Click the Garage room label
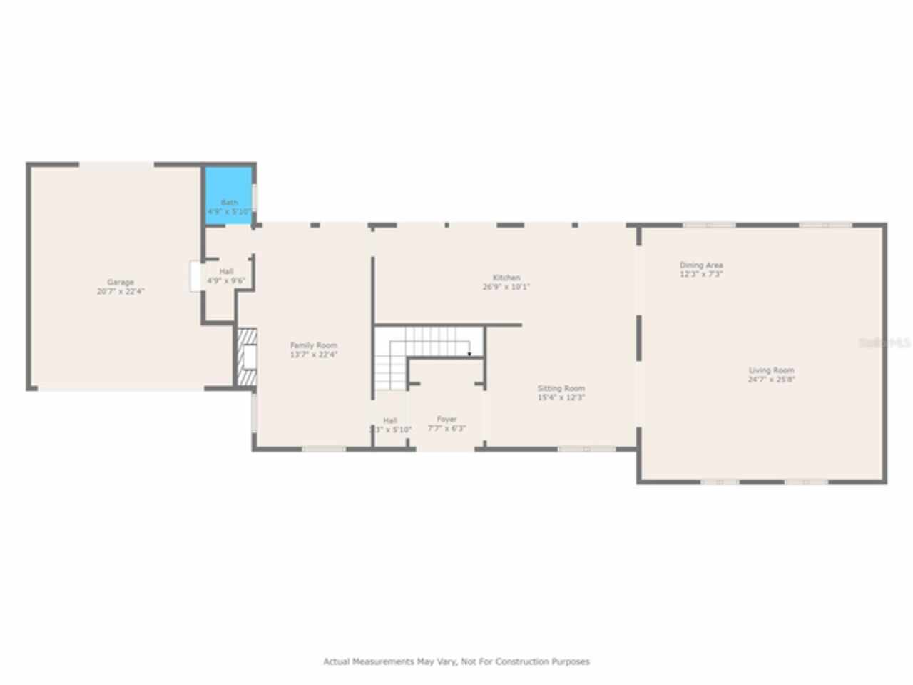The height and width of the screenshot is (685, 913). pyautogui.click(x=121, y=283)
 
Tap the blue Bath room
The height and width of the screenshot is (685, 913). pyautogui.click(x=229, y=196)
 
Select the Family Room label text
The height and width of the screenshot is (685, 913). pyautogui.click(x=313, y=345)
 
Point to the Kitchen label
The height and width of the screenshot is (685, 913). pyautogui.click(x=506, y=278)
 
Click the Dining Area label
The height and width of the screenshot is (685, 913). pyautogui.click(x=701, y=265)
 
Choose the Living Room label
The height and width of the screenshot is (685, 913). pyautogui.click(x=771, y=370)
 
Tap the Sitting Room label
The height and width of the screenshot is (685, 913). pyautogui.click(x=561, y=389)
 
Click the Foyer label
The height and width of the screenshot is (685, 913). pyautogui.click(x=447, y=420)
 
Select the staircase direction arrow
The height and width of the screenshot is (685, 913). pyautogui.click(x=469, y=353)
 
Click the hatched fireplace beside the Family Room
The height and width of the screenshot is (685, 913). pyautogui.click(x=246, y=357)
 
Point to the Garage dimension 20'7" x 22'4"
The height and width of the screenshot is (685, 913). pyautogui.click(x=121, y=292)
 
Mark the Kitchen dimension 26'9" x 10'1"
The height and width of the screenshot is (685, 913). pyautogui.click(x=506, y=287)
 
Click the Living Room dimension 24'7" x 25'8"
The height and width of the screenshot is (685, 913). pyautogui.click(x=771, y=380)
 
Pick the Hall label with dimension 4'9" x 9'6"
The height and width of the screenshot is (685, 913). pyautogui.click(x=226, y=272)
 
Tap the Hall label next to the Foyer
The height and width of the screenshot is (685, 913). pyautogui.click(x=389, y=420)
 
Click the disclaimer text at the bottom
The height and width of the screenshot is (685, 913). pyautogui.click(x=456, y=661)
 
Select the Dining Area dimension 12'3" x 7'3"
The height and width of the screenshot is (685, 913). pyautogui.click(x=701, y=274)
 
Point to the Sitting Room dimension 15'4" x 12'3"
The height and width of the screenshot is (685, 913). pyautogui.click(x=561, y=397)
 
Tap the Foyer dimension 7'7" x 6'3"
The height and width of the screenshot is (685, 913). pyautogui.click(x=447, y=429)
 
